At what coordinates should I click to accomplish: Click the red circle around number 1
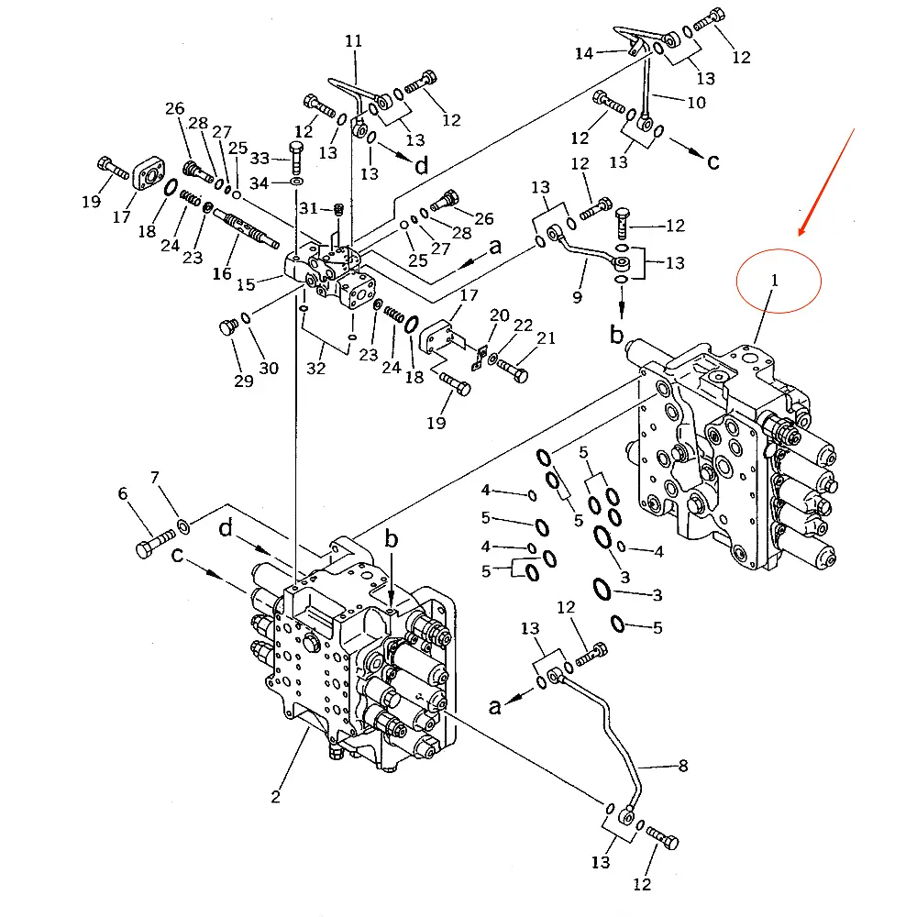[x=779, y=281]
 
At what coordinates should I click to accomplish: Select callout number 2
[x=275, y=796]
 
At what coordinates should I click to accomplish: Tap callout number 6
[x=122, y=494]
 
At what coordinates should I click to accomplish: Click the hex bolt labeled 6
[x=153, y=541]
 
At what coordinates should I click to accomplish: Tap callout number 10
[x=696, y=103]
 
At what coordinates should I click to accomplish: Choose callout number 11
[x=354, y=41]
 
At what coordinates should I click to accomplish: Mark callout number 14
[x=584, y=53]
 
